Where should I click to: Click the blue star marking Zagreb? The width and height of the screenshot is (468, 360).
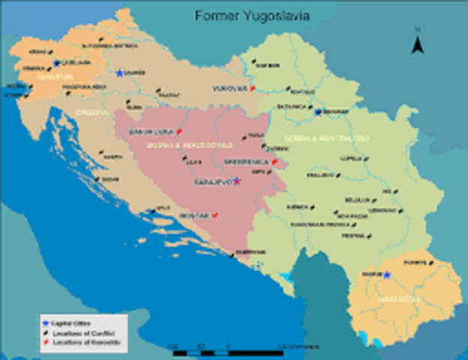119,73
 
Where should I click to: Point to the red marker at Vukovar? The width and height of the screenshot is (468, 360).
253,88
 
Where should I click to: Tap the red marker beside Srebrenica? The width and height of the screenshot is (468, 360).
274,161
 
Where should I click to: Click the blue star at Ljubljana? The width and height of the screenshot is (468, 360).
56,63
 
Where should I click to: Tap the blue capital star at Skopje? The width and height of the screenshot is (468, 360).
386,274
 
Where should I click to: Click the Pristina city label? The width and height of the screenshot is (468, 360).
352,235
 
